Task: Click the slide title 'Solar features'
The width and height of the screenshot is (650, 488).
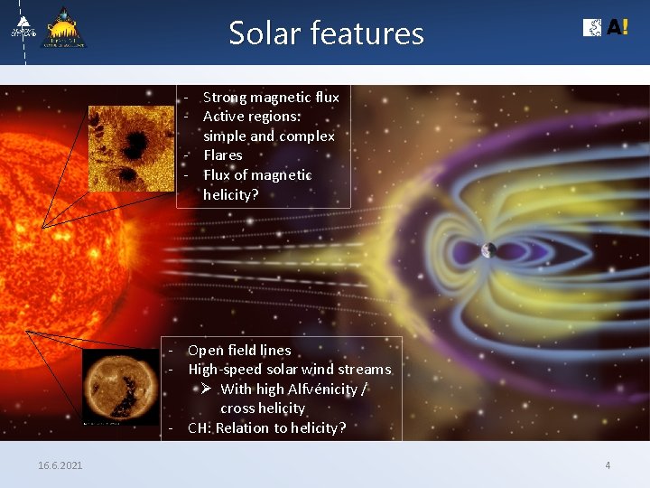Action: click(x=326, y=33)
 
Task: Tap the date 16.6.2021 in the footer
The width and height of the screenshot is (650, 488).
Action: click(x=60, y=465)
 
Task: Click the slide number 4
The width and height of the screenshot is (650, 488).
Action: click(x=608, y=465)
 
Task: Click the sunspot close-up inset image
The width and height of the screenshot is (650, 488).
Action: click(x=131, y=148)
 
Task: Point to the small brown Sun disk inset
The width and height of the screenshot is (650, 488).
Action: click(x=119, y=387)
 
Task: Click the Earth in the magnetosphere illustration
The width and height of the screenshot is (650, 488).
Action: click(x=488, y=250)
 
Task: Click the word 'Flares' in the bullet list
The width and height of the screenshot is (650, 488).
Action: click(x=222, y=155)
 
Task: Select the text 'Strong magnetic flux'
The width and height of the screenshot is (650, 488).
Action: click(x=271, y=97)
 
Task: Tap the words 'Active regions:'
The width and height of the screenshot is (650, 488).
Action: click(x=252, y=117)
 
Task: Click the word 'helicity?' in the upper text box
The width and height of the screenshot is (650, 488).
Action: click(x=230, y=194)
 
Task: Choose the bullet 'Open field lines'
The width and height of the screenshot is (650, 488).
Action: click(x=239, y=350)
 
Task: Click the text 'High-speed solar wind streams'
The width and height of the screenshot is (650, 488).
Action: click(x=289, y=370)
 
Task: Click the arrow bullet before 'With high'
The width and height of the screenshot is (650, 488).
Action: click(x=206, y=389)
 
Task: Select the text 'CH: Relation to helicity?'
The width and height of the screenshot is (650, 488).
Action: click(x=266, y=428)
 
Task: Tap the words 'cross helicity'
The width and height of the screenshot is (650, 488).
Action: click(x=263, y=408)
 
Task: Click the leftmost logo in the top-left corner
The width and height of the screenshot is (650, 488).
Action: click(x=23, y=28)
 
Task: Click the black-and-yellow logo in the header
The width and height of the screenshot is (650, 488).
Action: click(x=66, y=28)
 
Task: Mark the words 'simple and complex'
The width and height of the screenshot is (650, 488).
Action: click(x=268, y=136)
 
